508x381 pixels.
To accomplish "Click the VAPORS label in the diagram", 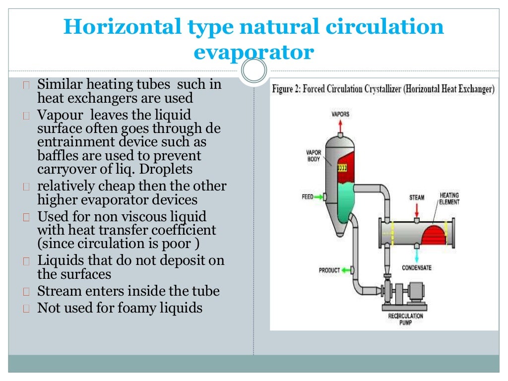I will [340, 114].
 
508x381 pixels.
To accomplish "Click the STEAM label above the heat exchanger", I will [417, 197].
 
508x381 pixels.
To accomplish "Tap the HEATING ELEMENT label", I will [449, 198].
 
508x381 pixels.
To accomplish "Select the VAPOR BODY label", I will [314, 156].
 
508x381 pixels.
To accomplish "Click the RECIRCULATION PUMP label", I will [405, 319].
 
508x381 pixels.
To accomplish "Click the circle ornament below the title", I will [254, 71].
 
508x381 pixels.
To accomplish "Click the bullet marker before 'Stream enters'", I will [27, 292].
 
